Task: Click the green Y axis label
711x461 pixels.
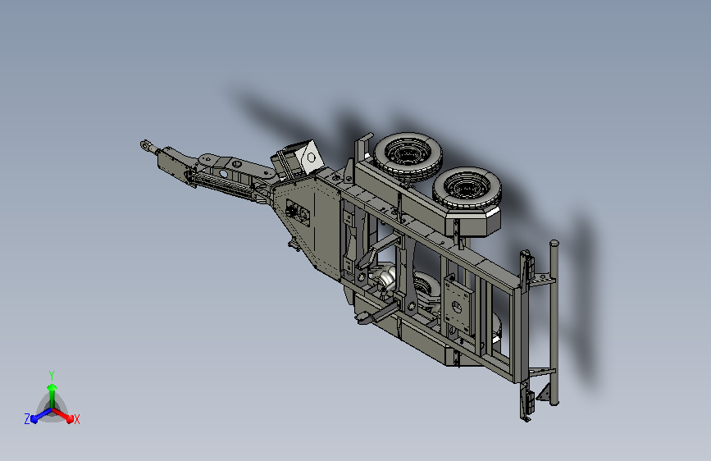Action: click(52, 375)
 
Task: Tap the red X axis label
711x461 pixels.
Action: click(76, 419)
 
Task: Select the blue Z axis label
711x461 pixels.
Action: click(27, 419)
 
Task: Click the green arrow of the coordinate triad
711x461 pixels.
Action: click(52, 395)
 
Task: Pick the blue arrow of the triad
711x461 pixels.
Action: click(41, 415)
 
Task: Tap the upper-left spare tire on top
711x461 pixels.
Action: click(408, 157)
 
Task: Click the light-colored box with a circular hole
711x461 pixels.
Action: click(310, 157)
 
